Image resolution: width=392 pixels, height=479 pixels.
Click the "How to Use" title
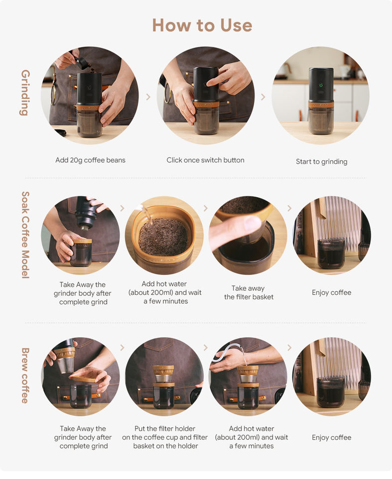click(202, 25)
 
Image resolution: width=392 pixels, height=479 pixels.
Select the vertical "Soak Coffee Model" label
click(25, 235)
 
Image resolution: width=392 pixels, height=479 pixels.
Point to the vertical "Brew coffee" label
click(25, 375)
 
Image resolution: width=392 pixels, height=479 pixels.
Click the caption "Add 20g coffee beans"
click(90, 160)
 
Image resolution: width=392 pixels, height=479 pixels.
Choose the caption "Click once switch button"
click(205, 160)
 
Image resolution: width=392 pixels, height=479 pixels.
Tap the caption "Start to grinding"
click(322, 162)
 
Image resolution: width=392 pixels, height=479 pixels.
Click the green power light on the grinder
click(321, 85)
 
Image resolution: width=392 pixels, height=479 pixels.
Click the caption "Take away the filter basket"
click(249, 293)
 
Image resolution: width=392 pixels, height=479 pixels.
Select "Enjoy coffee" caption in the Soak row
click(331, 293)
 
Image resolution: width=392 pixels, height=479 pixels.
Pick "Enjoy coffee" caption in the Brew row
click(331, 438)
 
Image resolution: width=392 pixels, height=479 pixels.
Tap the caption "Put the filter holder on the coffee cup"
click(165, 433)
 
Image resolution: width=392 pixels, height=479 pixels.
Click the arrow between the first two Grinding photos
click(148, 97)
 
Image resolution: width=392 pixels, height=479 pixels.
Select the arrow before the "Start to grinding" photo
click(263, 97)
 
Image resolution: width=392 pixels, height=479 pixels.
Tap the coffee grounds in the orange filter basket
click(163, 237)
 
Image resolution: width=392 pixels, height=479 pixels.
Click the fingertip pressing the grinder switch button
click(210, 82)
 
